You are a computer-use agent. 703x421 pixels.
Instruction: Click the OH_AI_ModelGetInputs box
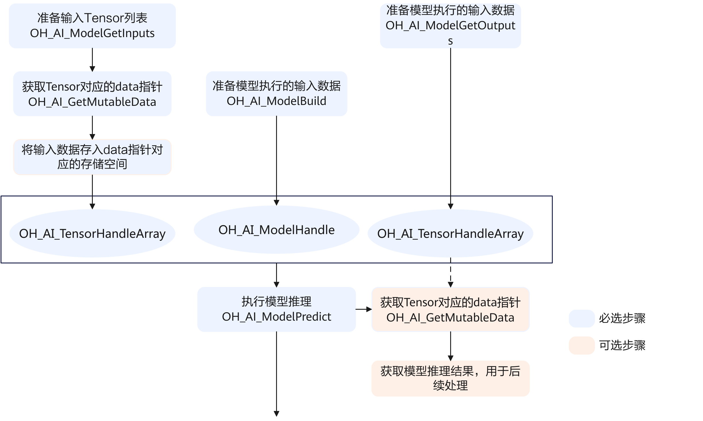(92, 26)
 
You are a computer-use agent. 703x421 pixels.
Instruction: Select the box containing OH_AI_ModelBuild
(276, 94)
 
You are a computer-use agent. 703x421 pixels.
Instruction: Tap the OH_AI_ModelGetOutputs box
(450, 26)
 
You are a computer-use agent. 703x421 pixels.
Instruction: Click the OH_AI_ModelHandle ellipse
(276, 230)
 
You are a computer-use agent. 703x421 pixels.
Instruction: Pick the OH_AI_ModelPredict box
(276, 309)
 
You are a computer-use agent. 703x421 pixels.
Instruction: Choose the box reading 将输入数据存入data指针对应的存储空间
(92, 157)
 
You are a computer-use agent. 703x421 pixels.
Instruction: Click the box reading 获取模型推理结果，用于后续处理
(450, 378)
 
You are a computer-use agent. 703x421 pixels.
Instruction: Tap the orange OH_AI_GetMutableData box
(450, 309)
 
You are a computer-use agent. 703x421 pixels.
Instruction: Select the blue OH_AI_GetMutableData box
(92, 94)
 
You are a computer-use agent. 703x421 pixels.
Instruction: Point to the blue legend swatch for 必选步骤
(581, 319)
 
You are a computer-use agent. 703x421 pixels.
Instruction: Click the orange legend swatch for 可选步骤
(581, 345)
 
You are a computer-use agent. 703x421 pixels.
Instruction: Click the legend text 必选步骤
(622, 319)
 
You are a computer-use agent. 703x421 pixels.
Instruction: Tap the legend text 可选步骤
(622, 345)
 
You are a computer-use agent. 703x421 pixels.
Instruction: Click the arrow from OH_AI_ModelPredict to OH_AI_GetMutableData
(363, 309)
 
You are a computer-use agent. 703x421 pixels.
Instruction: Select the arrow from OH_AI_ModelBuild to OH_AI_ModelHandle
(276, 158)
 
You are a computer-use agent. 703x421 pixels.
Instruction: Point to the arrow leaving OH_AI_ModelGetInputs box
(92, 60)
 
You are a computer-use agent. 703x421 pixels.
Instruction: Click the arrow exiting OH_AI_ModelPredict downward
(276, 374)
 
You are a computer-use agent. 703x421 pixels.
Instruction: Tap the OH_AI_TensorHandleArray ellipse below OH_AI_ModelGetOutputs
(450, 234)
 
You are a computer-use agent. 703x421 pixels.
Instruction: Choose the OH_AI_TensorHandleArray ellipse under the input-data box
(92, 234)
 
